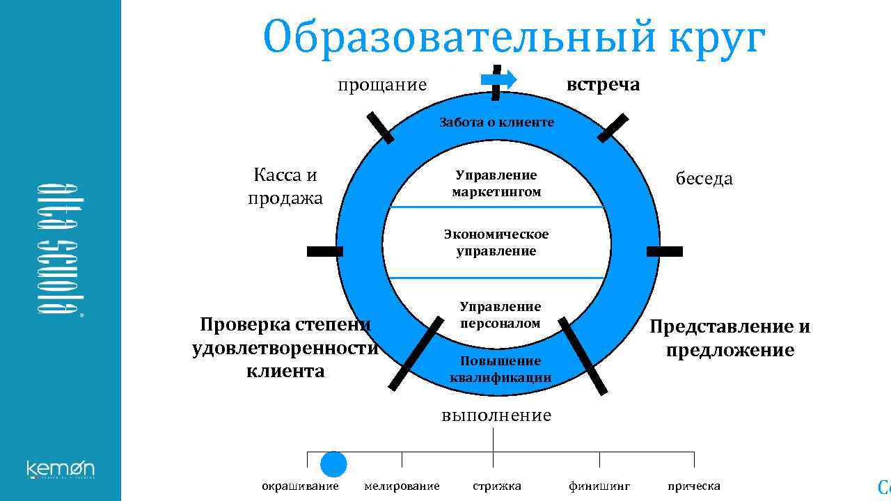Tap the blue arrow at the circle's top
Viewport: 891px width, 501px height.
click(x=499, y=79)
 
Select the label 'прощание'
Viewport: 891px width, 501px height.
click(x=382, y=85)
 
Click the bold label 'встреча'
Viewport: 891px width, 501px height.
click(x=603, y=85)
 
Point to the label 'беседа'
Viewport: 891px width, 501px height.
click(x=704, y=179)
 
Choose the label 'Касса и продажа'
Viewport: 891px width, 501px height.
click(x=285, y=186)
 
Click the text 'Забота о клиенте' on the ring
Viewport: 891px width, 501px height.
click(x=496, y=122)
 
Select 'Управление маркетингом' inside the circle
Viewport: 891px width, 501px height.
click(x=496, y=184)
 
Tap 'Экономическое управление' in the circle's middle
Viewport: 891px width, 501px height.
click(x=496, y=242)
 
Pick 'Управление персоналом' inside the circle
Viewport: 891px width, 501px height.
click(x=500, y=315)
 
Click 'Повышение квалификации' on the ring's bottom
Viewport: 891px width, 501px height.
click(x=500, y=369)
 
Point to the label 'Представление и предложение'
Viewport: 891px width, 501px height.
click(x=730, y=338)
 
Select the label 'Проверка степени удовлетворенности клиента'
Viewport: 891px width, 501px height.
click(x=285, y=348)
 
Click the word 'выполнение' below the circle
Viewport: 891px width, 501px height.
click(x=496, y=415)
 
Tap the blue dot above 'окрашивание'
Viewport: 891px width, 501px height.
click(x=333, y=464)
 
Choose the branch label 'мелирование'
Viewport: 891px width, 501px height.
click(x=402, y=486)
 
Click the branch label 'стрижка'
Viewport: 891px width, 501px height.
click(x=496, y=486)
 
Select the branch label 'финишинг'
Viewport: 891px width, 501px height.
click(x=599, y=486)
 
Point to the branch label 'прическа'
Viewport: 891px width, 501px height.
click(x=693, y=486)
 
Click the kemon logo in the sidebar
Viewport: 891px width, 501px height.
click(x=61, y=469)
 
